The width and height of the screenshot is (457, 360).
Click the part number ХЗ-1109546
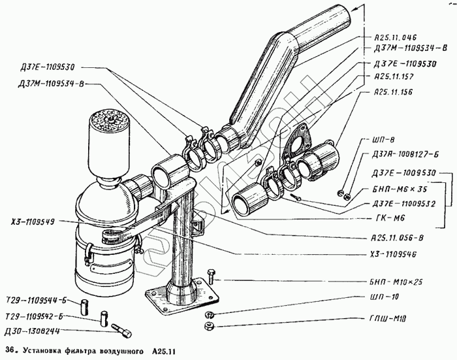(x=395, y=254)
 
